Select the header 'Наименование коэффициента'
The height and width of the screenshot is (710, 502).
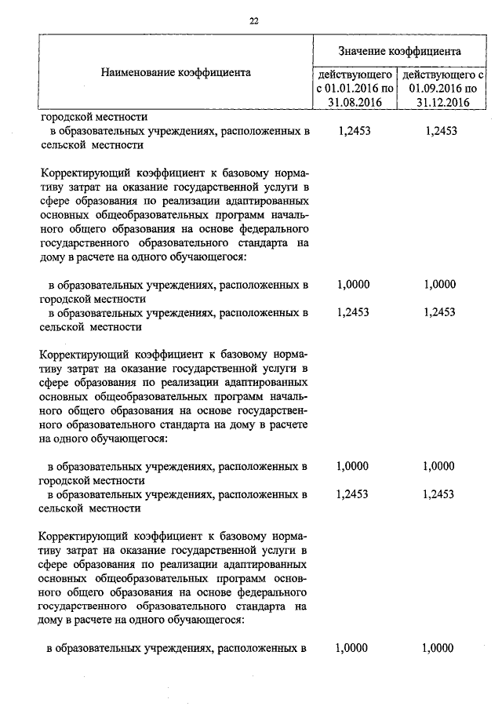click(176, 73)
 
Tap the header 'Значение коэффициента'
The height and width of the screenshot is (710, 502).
click(399, 51)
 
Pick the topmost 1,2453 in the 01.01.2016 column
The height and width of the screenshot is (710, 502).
click(352, 132)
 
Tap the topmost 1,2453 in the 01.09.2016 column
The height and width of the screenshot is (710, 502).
click(438, 132)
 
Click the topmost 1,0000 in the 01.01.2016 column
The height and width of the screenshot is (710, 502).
click(352, 285)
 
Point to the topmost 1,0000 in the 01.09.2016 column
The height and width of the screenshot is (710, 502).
click(438, 285)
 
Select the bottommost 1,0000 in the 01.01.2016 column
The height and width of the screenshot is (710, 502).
click(352, 648)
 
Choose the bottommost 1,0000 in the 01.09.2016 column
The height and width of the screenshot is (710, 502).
click(438, 648)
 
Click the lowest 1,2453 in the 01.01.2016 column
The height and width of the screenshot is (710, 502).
click(352, 494)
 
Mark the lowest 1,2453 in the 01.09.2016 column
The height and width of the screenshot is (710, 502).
click(438, 494)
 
